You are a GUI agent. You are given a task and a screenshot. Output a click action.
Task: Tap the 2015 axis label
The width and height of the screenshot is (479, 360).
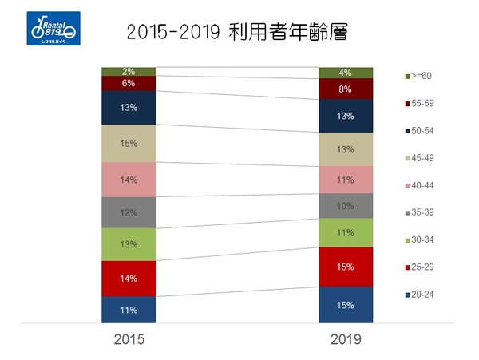click(x=128, y=339)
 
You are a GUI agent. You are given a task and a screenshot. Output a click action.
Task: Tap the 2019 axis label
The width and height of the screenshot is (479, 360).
click(x=345, y=339)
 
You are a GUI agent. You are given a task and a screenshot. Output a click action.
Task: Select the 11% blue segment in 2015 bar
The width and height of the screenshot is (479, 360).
click(x=129, y=309)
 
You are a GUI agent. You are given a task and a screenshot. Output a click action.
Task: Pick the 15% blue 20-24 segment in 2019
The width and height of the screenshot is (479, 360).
click(x=345, y=304)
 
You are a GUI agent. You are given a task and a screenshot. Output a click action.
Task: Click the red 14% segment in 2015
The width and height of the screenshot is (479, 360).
click(x=129, y=279)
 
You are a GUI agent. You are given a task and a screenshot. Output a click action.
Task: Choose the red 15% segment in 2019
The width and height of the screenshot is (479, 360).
click(x=345, y=266)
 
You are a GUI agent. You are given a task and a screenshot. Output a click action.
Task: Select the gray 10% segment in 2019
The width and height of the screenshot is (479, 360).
click(x=345, y=206)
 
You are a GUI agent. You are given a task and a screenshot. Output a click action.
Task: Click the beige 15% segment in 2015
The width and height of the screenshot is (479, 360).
click(x=129, y=144)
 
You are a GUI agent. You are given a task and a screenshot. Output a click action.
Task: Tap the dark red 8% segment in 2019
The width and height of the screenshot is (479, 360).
click(x=345, y=89)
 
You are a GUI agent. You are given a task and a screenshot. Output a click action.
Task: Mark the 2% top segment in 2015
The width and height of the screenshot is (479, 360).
click(x=129, y=72)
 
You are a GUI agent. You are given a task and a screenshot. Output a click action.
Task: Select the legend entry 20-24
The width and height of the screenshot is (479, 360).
click(x=422, y=295)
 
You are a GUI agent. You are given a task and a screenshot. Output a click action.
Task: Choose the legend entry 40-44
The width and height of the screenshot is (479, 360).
click(x=422, y=186)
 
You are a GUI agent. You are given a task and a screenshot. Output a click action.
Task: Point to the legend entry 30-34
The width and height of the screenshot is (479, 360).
click(x=422, y=240)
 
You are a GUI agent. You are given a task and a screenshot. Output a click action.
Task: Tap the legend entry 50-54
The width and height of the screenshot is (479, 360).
click(x=422, y=131)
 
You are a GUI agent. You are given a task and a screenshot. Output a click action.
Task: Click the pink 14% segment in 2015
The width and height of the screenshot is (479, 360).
click(x=129, y=180)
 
